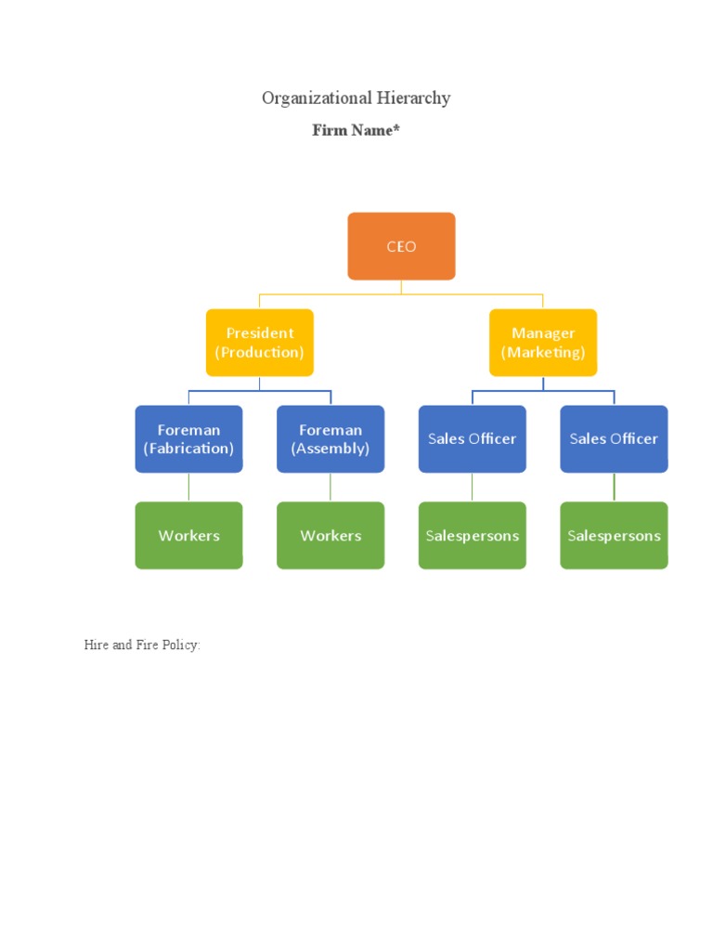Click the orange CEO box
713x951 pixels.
[401, 246]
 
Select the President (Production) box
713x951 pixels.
[259, 343]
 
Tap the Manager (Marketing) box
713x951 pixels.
[543, 343]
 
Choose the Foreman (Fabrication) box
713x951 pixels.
[188, 438]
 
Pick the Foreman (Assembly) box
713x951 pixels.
[331, 438]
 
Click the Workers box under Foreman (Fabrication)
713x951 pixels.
[188, 535]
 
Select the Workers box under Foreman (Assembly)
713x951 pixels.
[331, 535]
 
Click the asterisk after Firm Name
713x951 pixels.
[396, 129]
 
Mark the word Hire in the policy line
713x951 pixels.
[96, 645]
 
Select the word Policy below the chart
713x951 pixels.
[183, 645]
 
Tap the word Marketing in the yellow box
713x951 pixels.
[543, 353]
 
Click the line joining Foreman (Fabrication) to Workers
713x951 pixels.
[188, 488]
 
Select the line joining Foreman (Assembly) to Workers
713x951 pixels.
[331, 488]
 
